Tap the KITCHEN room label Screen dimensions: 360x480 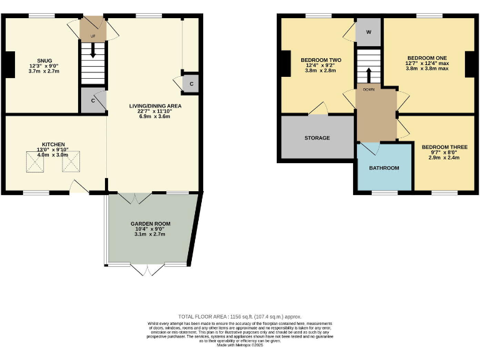pyautogui.click(x=53, y=144)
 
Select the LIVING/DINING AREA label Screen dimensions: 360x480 pyautogui.click(x=155, y=106)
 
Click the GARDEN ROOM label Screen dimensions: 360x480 pyautogui.click(x=150, y=223)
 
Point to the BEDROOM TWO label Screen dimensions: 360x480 pyautogui.click(x=319, y=59)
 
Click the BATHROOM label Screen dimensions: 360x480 pyautogui.click(x=384, y=167)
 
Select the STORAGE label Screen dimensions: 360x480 pyautogui.click(x=317, y=137)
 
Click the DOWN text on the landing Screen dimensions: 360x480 pyautogui.click(x=369, y=90)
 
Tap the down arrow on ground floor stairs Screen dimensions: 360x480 pyautogui.click(x=93, y=53)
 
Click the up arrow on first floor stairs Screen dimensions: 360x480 pyautogui.click(x=368, y=74)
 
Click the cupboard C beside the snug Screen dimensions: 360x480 pyautogui.click(x=92, y=100)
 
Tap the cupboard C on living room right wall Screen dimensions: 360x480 pyautogui.click(x=191, y=84)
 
